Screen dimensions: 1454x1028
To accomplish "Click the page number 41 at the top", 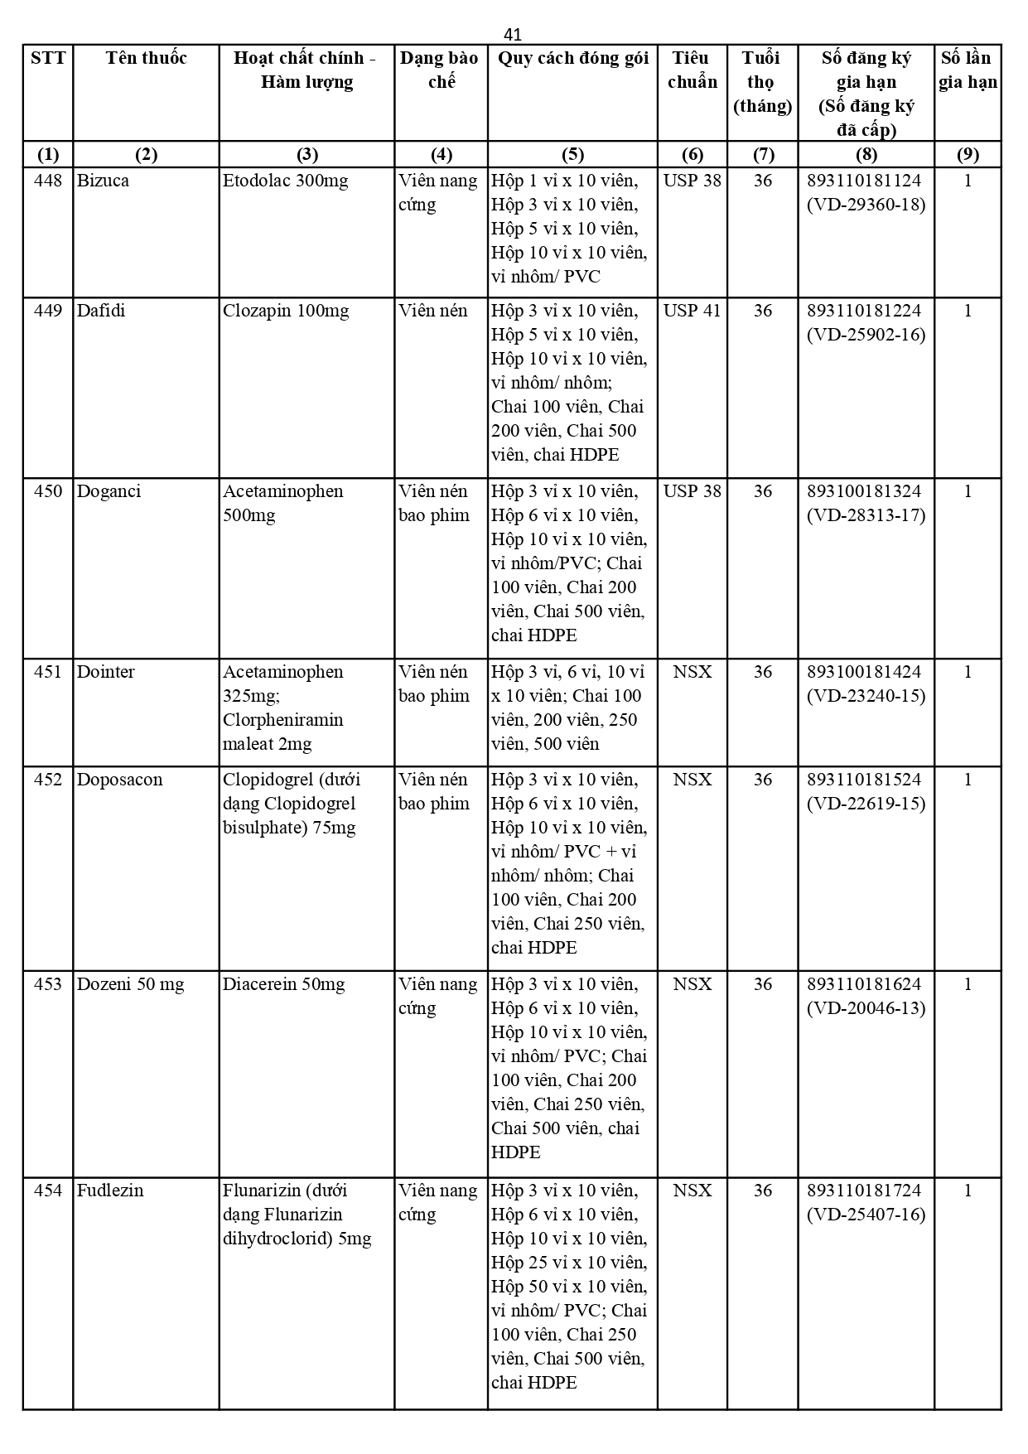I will pos(513,34).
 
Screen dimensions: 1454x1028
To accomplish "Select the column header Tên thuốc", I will pos(146,58).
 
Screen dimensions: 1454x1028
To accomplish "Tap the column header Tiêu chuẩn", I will pos(692,70).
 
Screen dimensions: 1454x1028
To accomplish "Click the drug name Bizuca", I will pos(103,181).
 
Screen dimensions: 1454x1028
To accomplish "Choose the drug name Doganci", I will pos(109,491).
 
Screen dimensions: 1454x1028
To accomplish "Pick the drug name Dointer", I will pos(105,672).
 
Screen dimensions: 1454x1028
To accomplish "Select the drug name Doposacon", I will pos(119,780).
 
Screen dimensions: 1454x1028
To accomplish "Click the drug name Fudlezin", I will pos(110,1191).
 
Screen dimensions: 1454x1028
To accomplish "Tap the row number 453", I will pos(48,984).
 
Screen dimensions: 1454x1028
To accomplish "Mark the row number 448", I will pos(48,181).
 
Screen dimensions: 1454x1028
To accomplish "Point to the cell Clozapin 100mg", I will pos(286,311).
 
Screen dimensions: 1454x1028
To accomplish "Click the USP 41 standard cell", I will pos(692,311).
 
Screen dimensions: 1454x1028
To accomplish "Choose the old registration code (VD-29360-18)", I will pos(866,205).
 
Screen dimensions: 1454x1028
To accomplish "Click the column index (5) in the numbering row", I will pos(572,154).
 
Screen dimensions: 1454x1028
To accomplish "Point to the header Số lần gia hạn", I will pos(968,70).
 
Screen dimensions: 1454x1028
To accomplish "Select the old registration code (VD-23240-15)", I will pos(866,696).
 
